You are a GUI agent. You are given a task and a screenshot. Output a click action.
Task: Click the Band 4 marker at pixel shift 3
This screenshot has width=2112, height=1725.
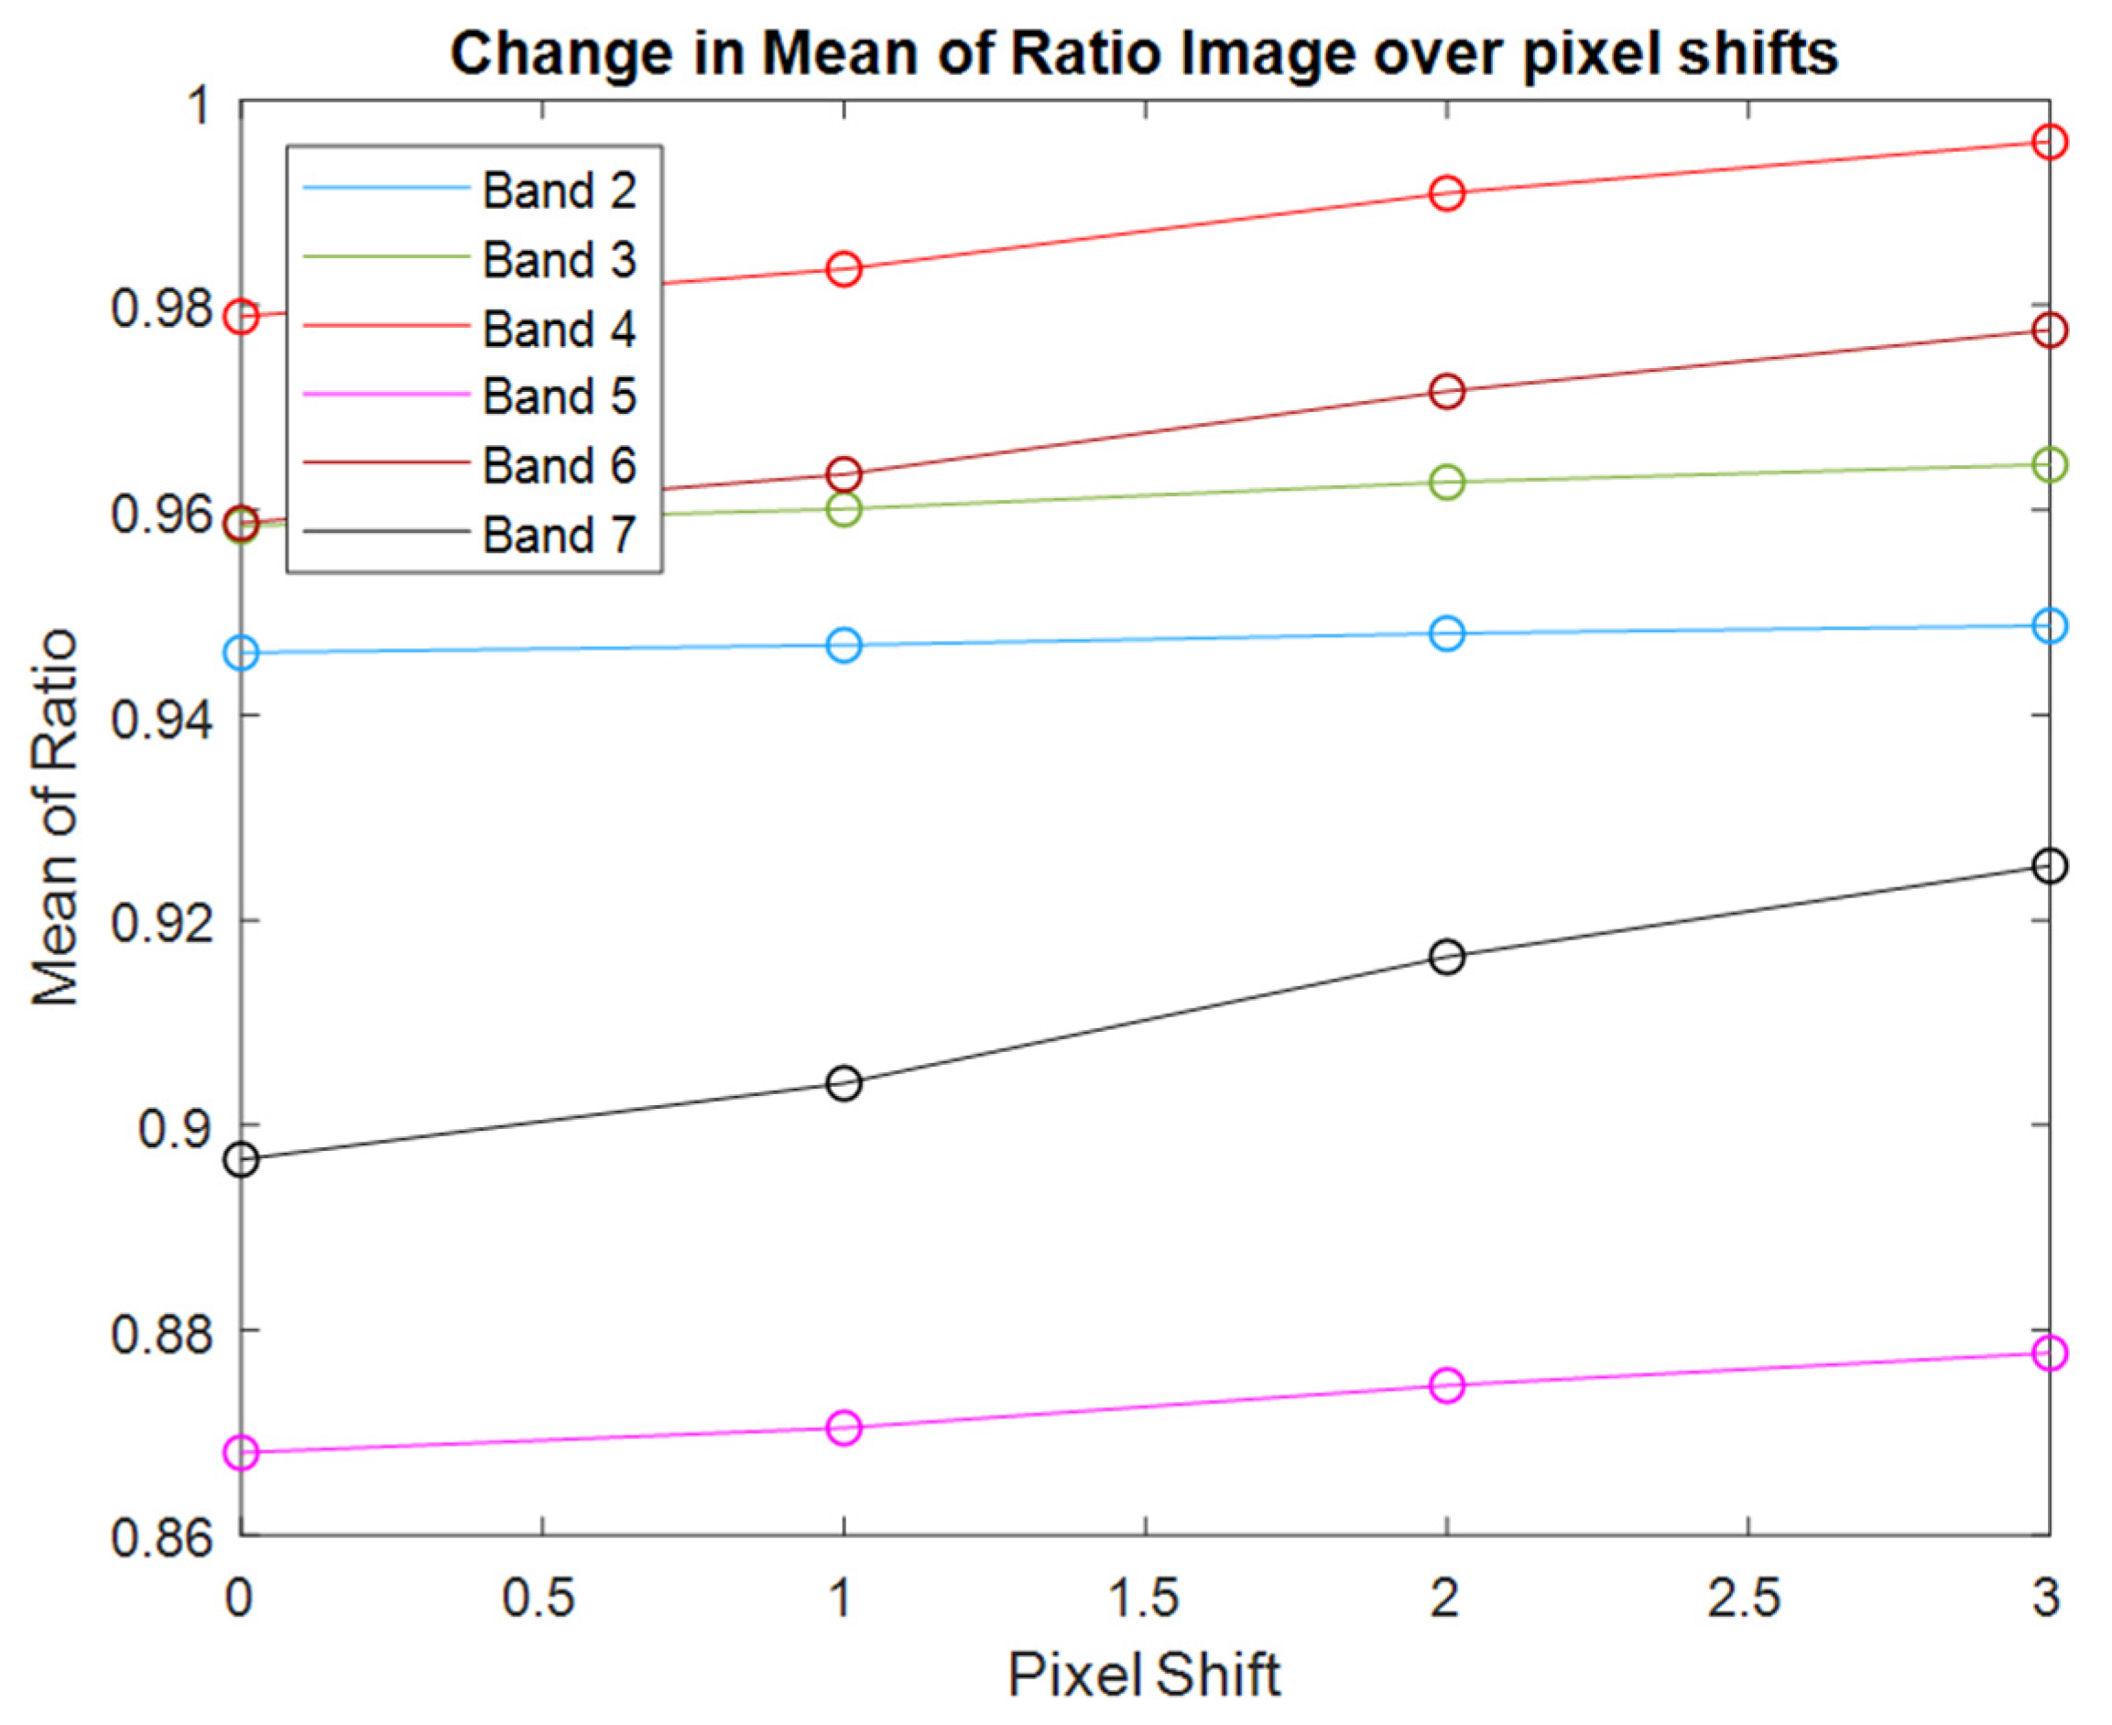click(2049, 142)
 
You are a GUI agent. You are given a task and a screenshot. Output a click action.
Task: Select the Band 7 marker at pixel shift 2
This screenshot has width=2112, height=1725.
click(1446, 957)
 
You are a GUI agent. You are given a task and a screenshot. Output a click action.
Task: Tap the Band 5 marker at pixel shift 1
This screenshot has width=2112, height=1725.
click(844, 1428)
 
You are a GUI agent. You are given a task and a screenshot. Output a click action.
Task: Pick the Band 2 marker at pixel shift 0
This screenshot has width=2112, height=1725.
click(242, 653)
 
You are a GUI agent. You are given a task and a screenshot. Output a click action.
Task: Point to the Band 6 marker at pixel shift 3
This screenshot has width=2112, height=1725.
click(2049, 330)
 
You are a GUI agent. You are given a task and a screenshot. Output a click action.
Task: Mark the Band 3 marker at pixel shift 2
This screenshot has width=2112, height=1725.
click(1446, 483)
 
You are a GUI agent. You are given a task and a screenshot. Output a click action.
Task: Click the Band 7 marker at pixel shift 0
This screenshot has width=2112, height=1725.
click(242, 1159)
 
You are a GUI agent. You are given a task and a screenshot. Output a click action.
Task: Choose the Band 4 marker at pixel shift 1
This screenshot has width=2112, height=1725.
click(844, 269)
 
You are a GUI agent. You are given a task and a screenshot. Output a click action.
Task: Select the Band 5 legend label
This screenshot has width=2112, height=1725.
click(559, 396)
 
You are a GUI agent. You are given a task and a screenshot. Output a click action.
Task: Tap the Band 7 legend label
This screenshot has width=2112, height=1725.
click(559, 536)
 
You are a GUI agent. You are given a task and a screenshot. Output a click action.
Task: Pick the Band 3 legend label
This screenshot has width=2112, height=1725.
click(559, 259)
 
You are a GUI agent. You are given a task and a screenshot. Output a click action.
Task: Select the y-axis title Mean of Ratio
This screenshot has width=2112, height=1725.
click(55, 817)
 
